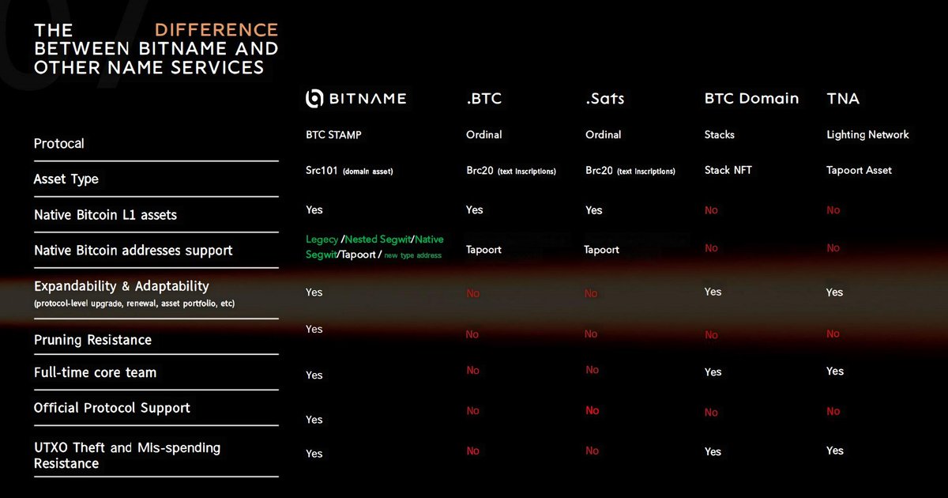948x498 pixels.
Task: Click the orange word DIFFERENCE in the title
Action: click(x=216, y=31)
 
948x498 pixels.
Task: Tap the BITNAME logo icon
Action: click(x=314, y=99)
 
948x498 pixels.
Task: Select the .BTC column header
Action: click(x=483, y=99)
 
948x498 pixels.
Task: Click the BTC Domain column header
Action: click(x=751, y=99)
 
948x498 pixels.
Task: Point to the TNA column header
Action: click(x=843, y=99)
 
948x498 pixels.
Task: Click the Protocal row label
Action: click(x=59, y=144)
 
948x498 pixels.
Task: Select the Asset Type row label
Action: click(x=66, y=179)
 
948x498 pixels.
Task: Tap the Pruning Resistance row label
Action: click(x=92, y=340)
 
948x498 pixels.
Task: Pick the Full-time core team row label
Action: click(x=95, y=372)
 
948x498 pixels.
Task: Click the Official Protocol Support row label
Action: click(x=112, y=408)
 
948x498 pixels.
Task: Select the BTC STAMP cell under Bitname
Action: click(x=333, y=135)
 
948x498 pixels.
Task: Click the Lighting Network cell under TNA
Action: click(x=867, y=135)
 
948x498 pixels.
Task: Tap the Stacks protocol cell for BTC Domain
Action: click(x=720, y=135)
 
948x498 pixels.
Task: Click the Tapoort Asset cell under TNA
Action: click(x=859, y=170)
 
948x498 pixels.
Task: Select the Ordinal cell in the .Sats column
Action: click(x=604, y=135)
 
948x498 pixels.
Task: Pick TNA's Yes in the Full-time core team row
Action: click(x=835, y=372)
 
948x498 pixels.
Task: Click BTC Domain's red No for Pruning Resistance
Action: click(x=712, y=335)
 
